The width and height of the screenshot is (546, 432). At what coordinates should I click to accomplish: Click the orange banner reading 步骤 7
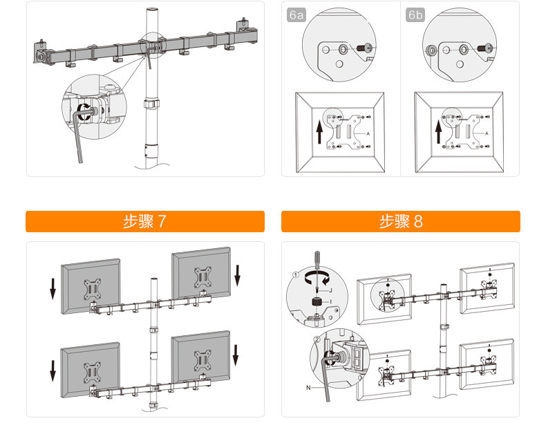click(145, 221)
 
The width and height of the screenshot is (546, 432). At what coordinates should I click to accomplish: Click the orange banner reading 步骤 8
click(400, 221)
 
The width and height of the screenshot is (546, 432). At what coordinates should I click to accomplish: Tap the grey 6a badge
click(295, 15)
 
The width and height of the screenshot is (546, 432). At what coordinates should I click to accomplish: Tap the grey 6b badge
click(416, 15)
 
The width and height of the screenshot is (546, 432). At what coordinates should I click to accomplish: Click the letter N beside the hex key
click(308, 388)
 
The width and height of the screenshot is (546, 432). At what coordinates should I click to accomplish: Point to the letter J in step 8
click(330, 290)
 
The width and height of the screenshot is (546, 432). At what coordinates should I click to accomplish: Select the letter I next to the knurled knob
click(330, 302)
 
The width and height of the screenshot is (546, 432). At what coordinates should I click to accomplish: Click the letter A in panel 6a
click(367, 132)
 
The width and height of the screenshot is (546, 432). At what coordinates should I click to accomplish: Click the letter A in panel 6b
click(487, 132)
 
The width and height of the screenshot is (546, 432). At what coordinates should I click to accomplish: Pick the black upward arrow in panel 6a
click(319, 131)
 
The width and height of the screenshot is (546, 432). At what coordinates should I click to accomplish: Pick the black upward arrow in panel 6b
click(438, 131)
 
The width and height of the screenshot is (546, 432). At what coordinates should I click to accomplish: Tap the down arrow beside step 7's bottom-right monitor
click(236, 353)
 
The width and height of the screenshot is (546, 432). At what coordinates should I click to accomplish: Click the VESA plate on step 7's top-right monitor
click(203, 274)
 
